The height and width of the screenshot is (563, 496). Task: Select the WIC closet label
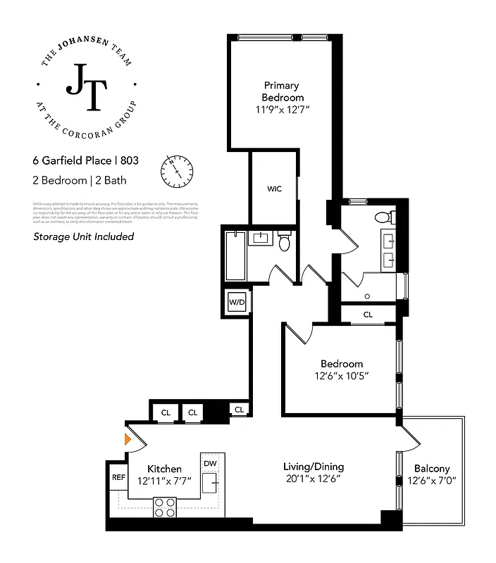(274, 189)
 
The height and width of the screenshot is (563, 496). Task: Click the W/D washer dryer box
(236, 303)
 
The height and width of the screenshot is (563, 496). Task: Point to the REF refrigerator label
(118, 477)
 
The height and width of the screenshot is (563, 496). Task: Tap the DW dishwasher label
(210, 463)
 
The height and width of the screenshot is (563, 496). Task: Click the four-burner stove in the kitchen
(165, 507)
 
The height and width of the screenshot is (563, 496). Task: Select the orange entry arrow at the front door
(128, 440)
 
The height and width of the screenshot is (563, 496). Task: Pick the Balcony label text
(431, 469)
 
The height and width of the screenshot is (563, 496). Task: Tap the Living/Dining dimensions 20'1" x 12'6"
(314, 480)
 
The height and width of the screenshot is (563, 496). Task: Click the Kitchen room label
(164, 469)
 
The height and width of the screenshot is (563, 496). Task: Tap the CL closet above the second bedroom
(368, 315)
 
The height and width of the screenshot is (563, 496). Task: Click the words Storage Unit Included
(84, 236)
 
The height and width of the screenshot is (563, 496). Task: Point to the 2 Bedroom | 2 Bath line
(80, 180)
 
